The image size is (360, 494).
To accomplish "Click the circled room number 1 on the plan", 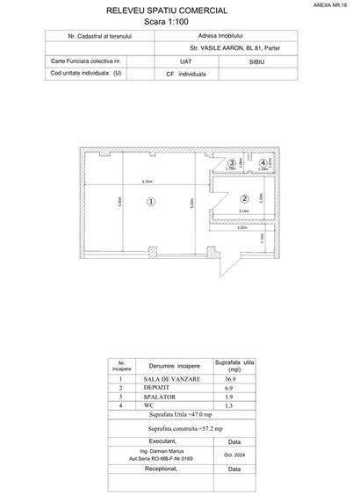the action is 151,201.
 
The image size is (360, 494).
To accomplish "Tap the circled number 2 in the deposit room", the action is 245,198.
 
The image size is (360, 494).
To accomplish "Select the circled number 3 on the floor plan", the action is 232,163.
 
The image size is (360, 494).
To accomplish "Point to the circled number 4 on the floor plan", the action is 263,163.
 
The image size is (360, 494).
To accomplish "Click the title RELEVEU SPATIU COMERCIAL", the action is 166,11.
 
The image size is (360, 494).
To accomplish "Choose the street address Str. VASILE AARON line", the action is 229,50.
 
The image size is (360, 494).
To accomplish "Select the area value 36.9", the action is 230,378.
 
